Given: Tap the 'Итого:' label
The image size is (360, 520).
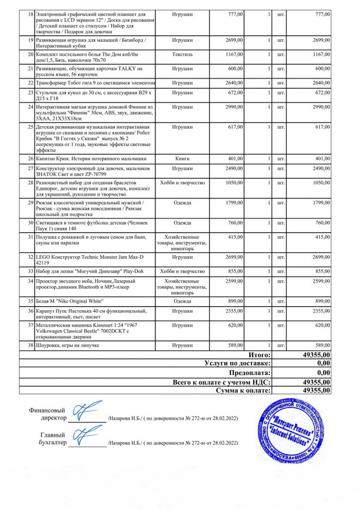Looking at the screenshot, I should [x=259, y=354].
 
